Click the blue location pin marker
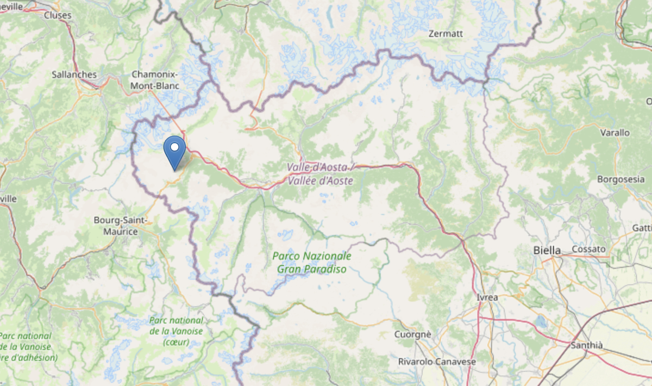[174, 152]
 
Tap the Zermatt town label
[446, 34]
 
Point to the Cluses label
[57, 15]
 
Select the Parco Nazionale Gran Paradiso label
[311, 262]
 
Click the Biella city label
[546, 251]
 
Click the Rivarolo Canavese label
[437, 362]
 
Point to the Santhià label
[587, 345]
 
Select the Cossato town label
[588, 249]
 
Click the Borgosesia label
[619, 179]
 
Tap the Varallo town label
[615, 133]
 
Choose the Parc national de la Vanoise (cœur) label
[176, 331]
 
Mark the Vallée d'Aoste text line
[321, 181]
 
